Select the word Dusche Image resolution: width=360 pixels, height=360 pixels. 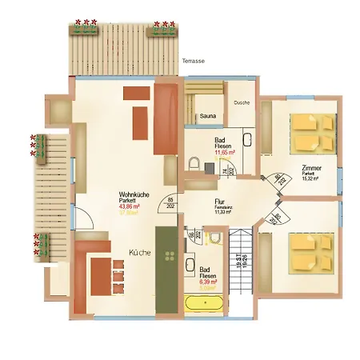click(242, 102)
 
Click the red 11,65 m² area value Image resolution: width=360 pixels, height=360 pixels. click(226, 151)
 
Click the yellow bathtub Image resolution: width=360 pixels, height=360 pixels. click(206, 303)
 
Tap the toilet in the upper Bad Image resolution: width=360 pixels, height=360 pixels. click(194, 163)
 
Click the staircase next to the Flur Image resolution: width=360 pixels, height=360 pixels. click(241, 260)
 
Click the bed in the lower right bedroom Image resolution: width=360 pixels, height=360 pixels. click(311, 253)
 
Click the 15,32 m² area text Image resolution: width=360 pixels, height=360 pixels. click(313, 179)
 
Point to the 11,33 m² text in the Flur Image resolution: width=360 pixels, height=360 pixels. click(223, 214)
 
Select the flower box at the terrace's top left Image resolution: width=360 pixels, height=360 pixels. click(85, 30)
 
